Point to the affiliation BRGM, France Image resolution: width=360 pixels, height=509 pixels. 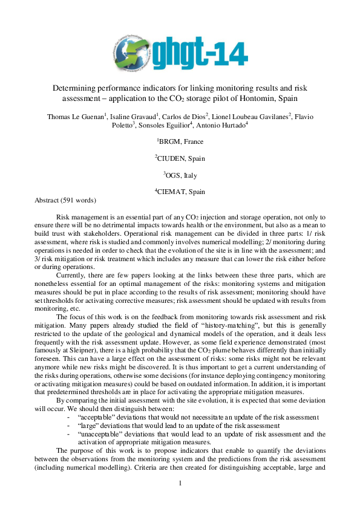180,142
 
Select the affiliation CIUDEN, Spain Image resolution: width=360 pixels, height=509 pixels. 180,158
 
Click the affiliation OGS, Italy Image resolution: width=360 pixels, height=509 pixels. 180,175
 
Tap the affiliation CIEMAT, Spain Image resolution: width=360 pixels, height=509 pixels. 180,192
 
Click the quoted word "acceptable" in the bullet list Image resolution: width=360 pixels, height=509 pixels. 98,418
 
